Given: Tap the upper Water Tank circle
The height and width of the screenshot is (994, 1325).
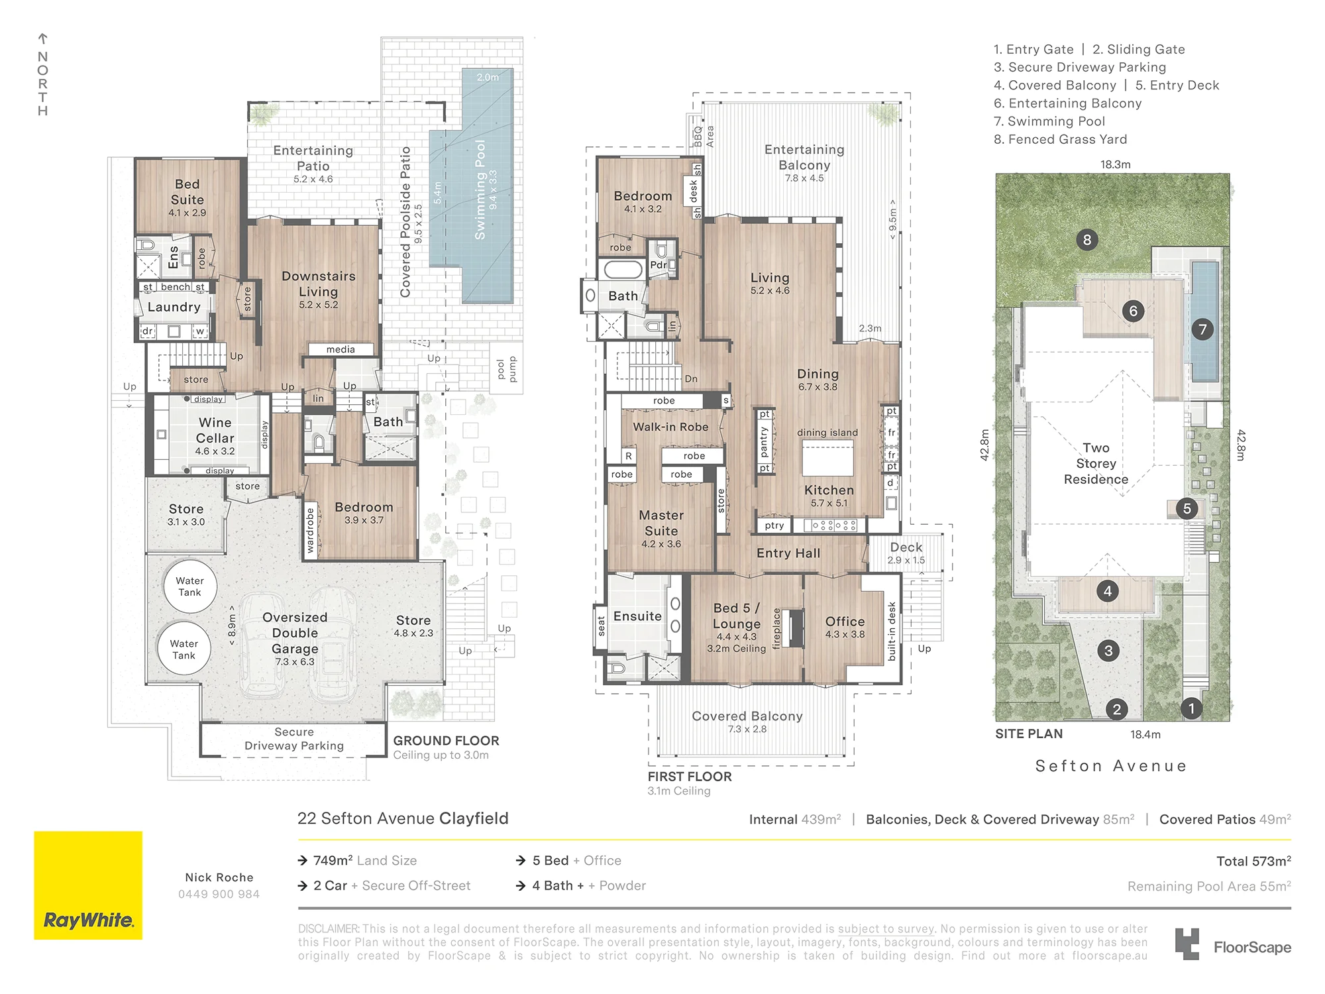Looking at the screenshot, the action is coord(190,586).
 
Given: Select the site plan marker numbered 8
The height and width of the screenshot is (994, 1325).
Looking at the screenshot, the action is coord(1086,240).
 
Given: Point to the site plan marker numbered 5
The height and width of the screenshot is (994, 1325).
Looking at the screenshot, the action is coord(1187,509).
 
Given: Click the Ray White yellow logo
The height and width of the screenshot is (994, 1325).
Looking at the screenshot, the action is coord(88,885).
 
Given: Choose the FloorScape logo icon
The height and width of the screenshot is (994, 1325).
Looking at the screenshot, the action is coord(1187,944).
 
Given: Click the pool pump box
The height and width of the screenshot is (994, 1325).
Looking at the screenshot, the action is coord(507,368).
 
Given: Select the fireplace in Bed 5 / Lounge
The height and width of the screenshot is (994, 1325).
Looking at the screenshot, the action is coord(795,627).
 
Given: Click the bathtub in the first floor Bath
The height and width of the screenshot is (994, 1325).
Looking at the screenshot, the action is coord(621,269).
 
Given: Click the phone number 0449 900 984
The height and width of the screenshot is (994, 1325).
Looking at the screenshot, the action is coord(219,894).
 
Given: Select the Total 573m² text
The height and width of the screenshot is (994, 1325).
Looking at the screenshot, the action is coord(1253,861).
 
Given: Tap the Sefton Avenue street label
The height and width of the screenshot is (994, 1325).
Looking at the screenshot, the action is coord(1111,766).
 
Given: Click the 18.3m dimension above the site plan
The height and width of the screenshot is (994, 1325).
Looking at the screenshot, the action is coord(1116,164).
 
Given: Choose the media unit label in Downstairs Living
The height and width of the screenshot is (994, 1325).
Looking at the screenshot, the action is coord(341,349).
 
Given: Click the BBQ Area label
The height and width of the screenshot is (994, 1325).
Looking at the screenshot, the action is coord(704,137).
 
